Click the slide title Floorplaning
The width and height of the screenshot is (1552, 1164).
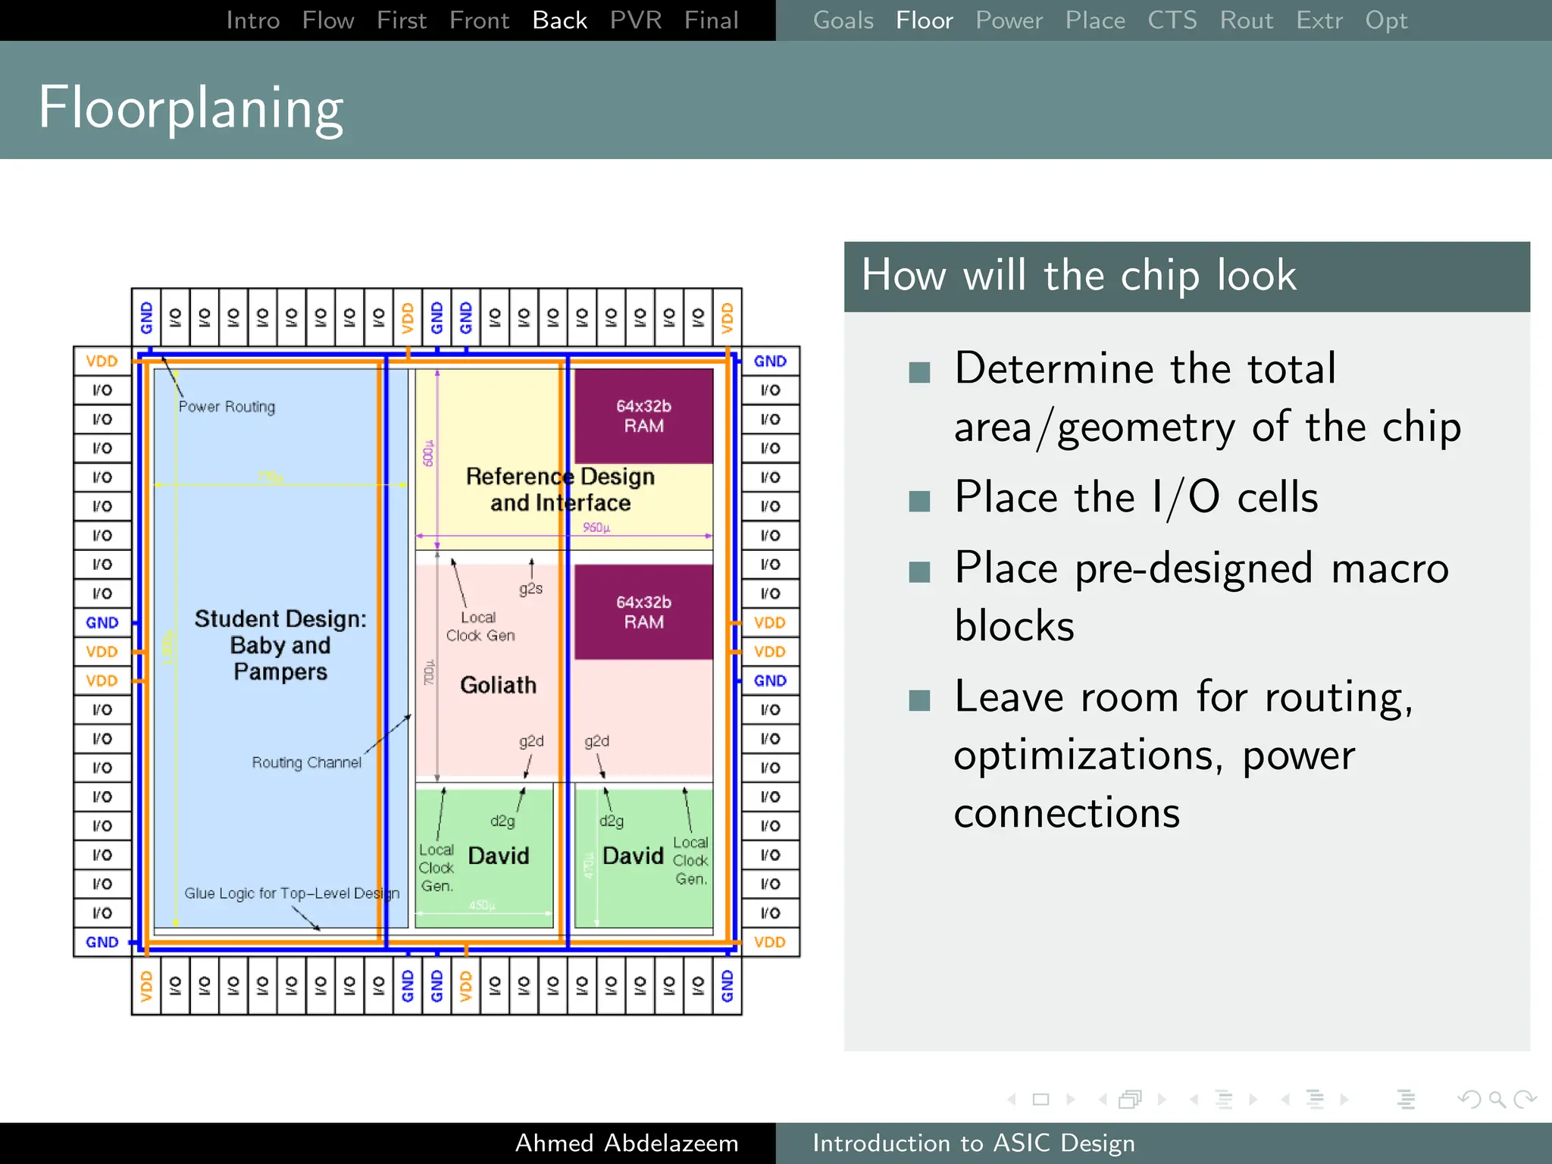tap(191, 108)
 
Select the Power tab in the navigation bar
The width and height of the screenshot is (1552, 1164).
tap(1009, 20)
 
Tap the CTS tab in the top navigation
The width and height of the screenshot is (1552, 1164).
tap(1172, 20)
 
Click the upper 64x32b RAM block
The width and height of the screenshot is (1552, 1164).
tap(643, 416)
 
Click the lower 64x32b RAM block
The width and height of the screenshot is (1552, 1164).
tap(643, 612)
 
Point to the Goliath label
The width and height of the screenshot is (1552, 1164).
tap(498, 685)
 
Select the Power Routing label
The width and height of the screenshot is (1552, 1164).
tap(227, 407)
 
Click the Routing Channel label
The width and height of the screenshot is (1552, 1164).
tap(306, 762)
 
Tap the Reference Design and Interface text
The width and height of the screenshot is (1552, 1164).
tap(560, 490)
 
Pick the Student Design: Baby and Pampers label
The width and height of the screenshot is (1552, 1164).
tap(280, 645)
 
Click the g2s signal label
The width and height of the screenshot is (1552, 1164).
tap(530, 589)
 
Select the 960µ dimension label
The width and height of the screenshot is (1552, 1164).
tap(596, 527)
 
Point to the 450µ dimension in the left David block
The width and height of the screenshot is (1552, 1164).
tap(482, 906)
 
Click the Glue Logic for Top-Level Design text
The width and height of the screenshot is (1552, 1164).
tap(292, 893)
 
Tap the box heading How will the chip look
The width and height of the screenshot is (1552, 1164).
tap(1078, 276)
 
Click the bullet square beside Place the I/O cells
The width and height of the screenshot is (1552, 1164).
tap(919, 501)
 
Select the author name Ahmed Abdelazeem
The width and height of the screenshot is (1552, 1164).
tap(626, 1143)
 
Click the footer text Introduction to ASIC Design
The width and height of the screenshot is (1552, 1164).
tap(974, 1143)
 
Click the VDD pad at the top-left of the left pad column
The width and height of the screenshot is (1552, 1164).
tap(102, 361)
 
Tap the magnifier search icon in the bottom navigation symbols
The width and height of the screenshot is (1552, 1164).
tap(1497, 1099)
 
